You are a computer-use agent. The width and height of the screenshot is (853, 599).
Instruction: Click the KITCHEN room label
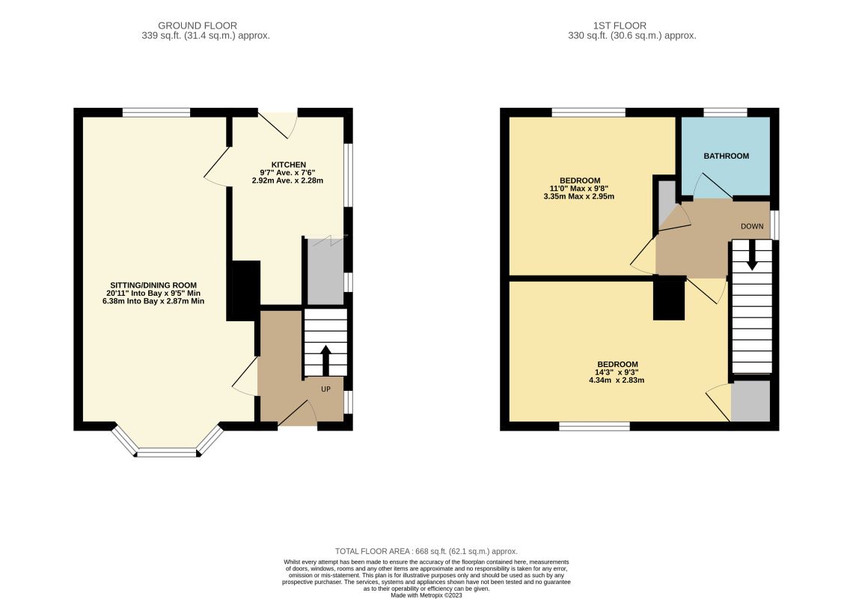tap(288, 165)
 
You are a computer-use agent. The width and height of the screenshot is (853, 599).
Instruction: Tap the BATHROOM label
tap(727, 156)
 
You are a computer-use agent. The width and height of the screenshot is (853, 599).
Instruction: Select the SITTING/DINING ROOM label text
tap(153, 285)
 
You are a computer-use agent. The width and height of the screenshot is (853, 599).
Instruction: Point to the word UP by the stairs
tap(325, 389)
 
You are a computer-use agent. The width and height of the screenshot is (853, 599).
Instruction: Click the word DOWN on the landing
tap(752, 226)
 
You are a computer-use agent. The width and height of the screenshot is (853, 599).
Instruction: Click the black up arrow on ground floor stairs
tap(325, 359)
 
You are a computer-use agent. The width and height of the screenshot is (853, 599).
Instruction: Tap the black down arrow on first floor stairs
tap(752, 255)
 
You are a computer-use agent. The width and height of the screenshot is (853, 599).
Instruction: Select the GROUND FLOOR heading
tap(198, 25)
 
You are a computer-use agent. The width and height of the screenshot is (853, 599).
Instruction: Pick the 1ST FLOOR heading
tap(620, 25)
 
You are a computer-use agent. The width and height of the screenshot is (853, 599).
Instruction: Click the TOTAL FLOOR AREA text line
tap(426, 551)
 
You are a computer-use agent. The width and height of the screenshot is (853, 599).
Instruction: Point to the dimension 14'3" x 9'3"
tap(617, 372)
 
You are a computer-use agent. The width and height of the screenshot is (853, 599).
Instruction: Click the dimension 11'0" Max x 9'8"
tap(579, 189)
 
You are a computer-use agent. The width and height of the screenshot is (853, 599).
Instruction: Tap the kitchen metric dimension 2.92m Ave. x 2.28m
tap(288, 180)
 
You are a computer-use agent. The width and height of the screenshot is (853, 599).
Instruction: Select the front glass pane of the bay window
tap(167, 452)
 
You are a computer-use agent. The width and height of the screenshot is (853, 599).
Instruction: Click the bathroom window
tap(725, 113)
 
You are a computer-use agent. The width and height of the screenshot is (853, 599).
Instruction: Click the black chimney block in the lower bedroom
tap(669, 298)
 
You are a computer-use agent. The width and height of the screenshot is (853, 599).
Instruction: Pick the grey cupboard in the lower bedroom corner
tap(750, 401)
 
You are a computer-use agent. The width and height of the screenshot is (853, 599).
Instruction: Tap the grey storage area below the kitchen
tap(325, 271)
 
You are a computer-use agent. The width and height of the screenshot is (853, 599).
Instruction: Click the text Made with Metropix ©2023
tap(426, 595)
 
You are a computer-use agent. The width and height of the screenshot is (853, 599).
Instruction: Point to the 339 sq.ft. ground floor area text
tap(206, 35)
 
